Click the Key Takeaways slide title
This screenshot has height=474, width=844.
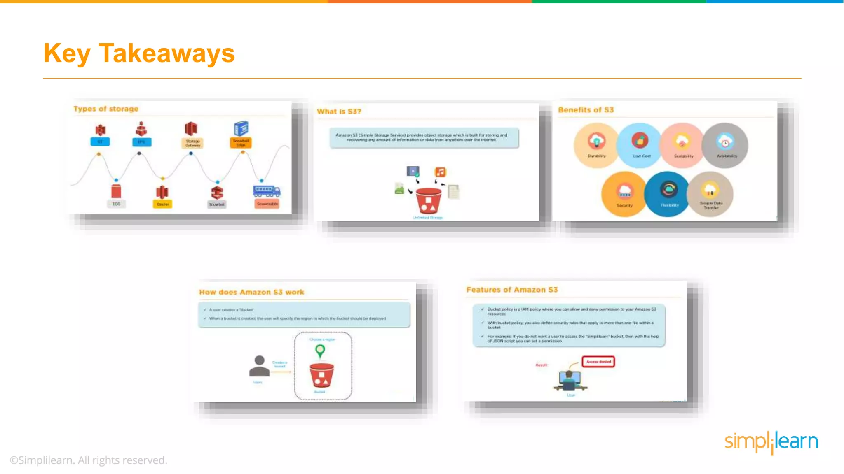pyautogui.click(x=139, y=53)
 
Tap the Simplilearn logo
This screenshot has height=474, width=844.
pyautogui.click(x=771, y=442)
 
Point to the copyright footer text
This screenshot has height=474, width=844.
pyautogui.click(x=89, y=460)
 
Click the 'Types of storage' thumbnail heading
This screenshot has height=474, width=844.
pyautogui.click(x=106, y=109)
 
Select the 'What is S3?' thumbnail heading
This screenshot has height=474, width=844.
pyautogui.click(x=339, y=112)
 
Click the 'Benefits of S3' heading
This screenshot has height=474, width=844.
pyautogui.click(x=586, y=110)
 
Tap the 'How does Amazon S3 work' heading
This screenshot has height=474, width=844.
pyautogui.click(x=251, y=292)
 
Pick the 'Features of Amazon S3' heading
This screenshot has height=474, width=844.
pyautogui.click(x=512, y=290)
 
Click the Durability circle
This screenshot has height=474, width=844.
pyautogui.click(x=596, y=145)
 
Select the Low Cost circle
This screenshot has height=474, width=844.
pyautogui.click(x=640, y=145)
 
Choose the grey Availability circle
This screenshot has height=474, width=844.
pyautogui.click(x=726, y=145)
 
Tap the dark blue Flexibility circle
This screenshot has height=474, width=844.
pyautogui.click(x=668, y=194)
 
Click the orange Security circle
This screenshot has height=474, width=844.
pyautogui.click(x=624, y=194)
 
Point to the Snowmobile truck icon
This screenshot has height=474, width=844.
pyautogui.click(x=267, y=191)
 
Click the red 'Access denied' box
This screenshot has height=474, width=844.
pyautogui.click(x=598, y=362)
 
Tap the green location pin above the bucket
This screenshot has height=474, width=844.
pyautogui.click(x=320, y=351)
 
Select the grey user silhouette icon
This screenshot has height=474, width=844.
pyautogui.click(x=259, y=366)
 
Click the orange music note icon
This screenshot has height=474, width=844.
pyautogui.click(x=440, y=172)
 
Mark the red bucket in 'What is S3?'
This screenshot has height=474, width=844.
pyautogui.click(x=428, y=200)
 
